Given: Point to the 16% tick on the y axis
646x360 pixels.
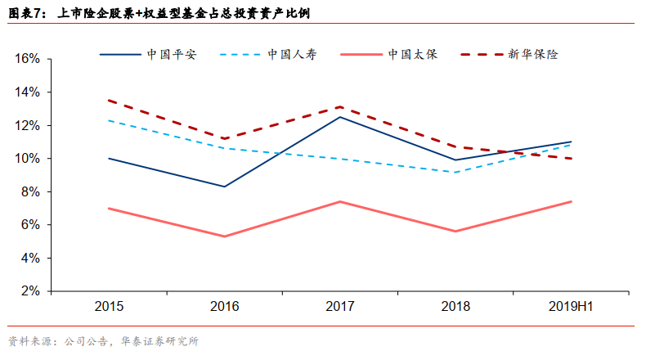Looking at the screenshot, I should (x=27, y=59).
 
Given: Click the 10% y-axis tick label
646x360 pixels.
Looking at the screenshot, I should (x=27, y=159).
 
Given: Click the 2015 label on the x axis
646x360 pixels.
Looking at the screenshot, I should (x=109, y=307).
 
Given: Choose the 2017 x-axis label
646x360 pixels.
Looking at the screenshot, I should (x=340, y=307).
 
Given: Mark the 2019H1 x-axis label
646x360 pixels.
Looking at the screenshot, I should (x=571, y=307).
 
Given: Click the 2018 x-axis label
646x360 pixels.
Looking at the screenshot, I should (x=455, y=307).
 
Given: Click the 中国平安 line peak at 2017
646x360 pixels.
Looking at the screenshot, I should (x=340, y=117).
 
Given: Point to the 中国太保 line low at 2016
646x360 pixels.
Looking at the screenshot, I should (x=225, y=236).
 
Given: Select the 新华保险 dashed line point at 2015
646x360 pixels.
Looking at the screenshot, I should (x=109, y=101).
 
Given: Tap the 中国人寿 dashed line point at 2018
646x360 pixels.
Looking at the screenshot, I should (x=455, y=172).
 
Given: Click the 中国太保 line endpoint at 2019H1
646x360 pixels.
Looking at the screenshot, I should (x=571, y=201).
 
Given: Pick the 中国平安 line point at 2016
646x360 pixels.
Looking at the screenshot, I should (x=225, y=187).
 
